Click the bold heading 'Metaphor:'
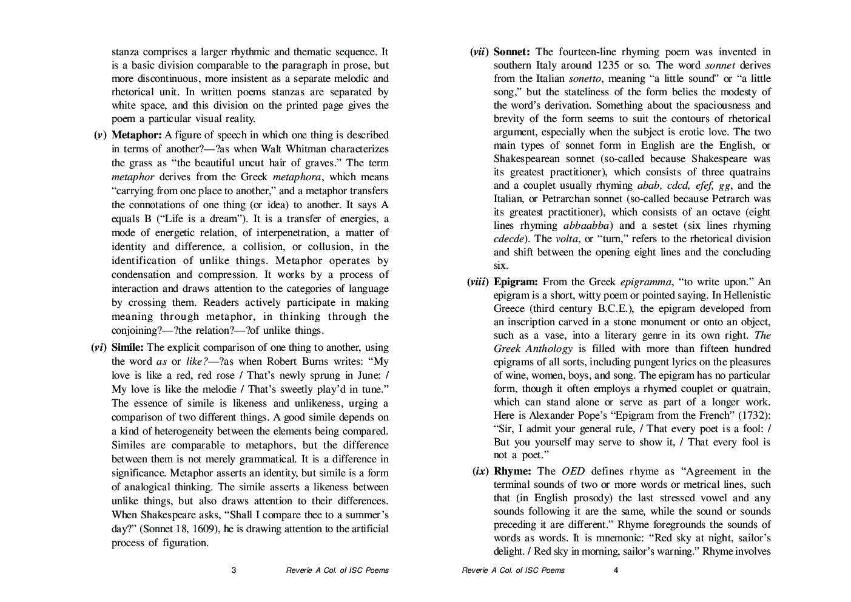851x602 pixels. tap(136, 135)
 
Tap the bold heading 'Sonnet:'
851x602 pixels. tap(512, 52)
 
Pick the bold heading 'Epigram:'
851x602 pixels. tap(516, 282)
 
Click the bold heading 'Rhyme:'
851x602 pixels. tap(513, 471)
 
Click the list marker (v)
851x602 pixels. tap(100, 135)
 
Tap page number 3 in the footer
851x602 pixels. tap(234, 570)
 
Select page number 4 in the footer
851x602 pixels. tap(616, 570)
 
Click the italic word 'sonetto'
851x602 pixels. tap(585, 78)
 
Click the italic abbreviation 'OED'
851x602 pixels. tap(573, 471)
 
